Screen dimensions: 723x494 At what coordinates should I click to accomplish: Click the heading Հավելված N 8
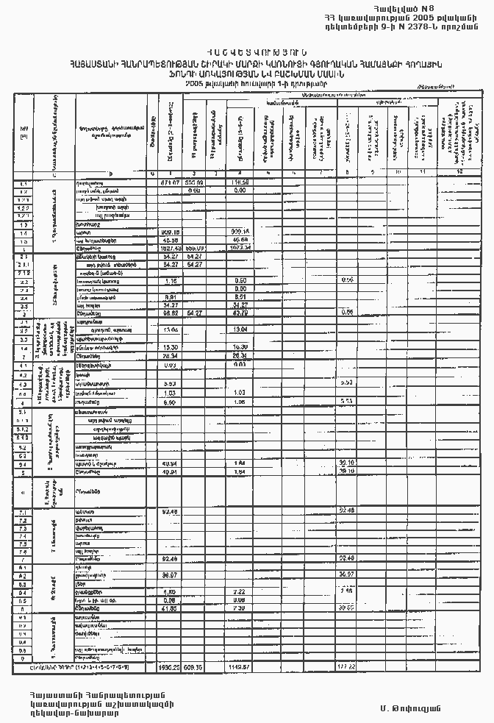pos(443,8)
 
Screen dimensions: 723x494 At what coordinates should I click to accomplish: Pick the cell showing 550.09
pos(194,182)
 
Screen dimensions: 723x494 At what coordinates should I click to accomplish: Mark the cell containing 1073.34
pos(240,248)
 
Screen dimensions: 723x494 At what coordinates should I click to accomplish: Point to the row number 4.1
pos(24,365)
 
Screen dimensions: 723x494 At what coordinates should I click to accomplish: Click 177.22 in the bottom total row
pos(346,666)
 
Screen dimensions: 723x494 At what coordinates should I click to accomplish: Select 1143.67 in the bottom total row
pos(240,666)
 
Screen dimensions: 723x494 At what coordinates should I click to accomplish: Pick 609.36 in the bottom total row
pos(194,666)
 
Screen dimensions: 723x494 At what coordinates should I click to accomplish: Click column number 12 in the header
pos(459,174)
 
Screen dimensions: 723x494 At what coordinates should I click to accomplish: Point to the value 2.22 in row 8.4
pos(239,591)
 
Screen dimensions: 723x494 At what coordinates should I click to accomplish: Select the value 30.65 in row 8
pos(346,608)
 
